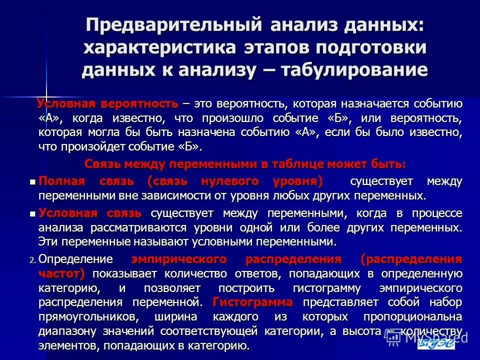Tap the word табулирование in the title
point(354,69)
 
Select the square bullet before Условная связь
point(33,214)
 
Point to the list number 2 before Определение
point(32,260)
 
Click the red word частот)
point(61,274)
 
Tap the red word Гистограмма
point(252,302)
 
